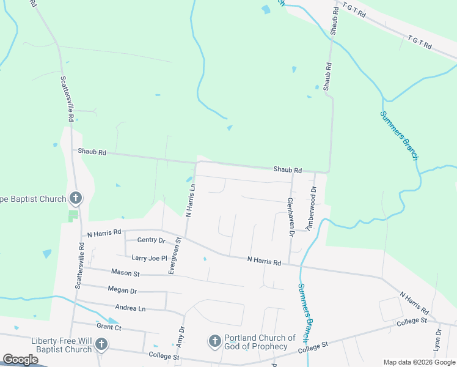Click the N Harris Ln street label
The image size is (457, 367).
(190, 201)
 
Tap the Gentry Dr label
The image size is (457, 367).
(152, 240)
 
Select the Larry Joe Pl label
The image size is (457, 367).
(145, 258)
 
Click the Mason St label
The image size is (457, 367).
(125, 272)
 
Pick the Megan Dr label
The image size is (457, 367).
(122, 290)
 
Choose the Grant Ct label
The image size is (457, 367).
(109, 328)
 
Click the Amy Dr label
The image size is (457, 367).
(181, 338)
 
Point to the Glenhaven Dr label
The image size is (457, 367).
(291, 217)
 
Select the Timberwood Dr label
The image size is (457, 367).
(312, 208)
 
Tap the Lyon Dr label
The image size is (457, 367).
(437, 340)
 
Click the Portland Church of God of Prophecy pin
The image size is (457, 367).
(214, 341)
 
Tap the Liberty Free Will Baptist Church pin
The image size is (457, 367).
(101, 345)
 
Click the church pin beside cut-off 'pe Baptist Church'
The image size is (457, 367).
(76, 198)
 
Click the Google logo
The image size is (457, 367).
(20, 360)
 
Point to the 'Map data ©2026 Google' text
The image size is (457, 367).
(419, 362)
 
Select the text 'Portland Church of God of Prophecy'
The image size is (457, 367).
(260, 342)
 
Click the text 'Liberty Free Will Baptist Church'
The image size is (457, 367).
(55, 345)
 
